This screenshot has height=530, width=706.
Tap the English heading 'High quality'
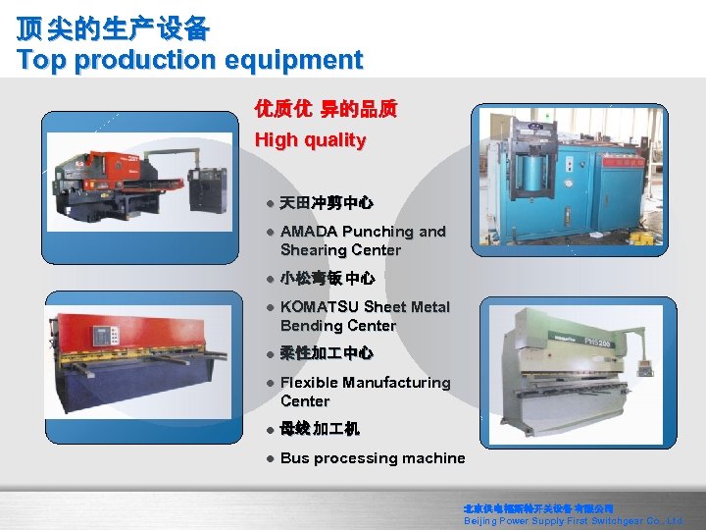(x=310, y=140)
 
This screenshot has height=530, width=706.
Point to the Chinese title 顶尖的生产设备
(x=113, y=28)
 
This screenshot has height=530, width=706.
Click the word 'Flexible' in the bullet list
(x=309, y=383)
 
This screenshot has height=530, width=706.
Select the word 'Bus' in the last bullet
(x=294, y=458)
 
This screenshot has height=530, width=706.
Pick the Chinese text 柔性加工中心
(x=327, y=353)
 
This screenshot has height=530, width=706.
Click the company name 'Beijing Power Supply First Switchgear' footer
(x=573, y=521)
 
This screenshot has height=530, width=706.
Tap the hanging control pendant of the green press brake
(x=646, y=367)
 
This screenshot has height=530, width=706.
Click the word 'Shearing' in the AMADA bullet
(x=311, y=250)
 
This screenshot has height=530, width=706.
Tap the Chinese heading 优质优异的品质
(x=326, y=109)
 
